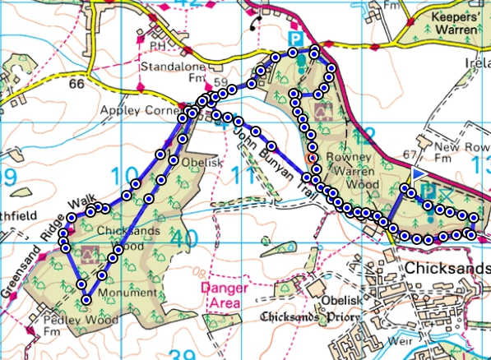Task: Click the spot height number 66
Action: click(77, 85)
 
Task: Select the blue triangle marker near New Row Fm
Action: click(420, 174)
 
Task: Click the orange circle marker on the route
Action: click(311, 157)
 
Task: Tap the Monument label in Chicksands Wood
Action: click(126, 293)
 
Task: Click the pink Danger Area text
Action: click(220, 294)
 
